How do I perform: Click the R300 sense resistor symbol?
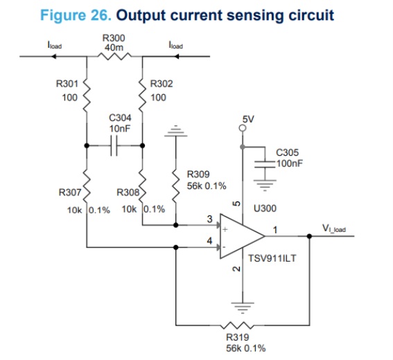pos(114,56)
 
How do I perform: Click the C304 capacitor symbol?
pos(114,145)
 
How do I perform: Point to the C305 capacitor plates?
pos(265,164)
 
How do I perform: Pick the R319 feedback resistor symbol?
pos(237,325)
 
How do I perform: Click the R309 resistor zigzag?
pos(176,186)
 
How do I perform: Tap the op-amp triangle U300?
pos(243,236)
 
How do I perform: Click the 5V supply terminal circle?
pos(243,128)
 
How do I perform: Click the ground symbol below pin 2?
pos(243,308)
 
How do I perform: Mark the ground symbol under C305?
pos(265,186)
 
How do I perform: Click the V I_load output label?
pos(334,228)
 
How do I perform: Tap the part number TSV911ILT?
pos(272,258)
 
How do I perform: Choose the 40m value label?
pos(114,47)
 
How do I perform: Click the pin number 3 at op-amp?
pos(209,219)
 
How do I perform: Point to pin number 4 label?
pos(209,241)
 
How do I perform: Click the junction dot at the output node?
pos(309,236)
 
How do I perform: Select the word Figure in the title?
pos(64,15)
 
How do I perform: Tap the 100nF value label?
pos(290,163)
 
